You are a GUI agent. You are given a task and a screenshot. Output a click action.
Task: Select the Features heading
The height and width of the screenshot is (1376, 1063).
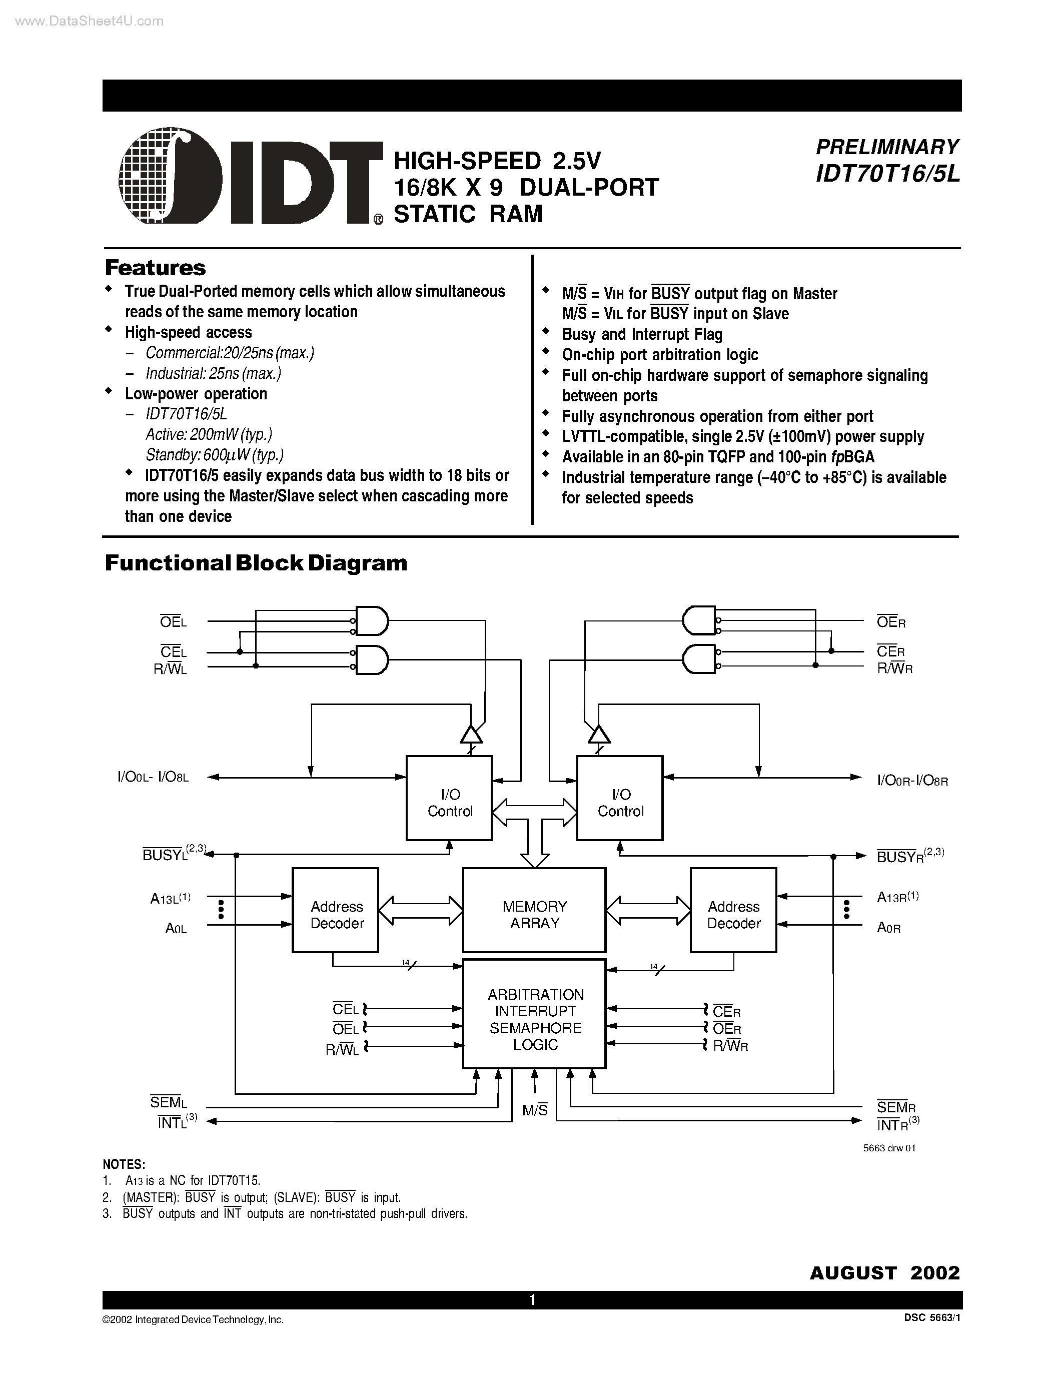[x=155, y=268]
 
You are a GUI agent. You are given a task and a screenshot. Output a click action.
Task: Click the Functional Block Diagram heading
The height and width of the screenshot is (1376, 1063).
[x=256, y=562]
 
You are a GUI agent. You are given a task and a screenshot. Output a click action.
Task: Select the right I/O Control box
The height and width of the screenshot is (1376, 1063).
[x=620, y=798]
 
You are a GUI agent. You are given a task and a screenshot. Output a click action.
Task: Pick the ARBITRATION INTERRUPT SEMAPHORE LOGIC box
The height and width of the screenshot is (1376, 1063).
[x=534, y=1019]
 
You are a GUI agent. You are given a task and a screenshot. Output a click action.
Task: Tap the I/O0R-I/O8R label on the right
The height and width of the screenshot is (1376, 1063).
[x=912, y=781]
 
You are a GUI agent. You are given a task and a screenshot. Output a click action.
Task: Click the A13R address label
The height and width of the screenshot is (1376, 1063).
[x=897, y=897]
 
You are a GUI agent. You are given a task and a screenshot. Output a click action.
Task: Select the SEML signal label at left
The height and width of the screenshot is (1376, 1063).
[x=168, y=1102]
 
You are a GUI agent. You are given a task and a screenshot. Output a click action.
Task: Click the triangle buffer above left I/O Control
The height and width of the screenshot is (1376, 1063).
[x=471, y=734]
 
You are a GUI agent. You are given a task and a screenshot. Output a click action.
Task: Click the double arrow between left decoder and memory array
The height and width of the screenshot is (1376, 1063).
[x=421, y=910]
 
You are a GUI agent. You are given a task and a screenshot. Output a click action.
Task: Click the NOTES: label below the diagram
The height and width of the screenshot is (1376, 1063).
[x=124, y=1164]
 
